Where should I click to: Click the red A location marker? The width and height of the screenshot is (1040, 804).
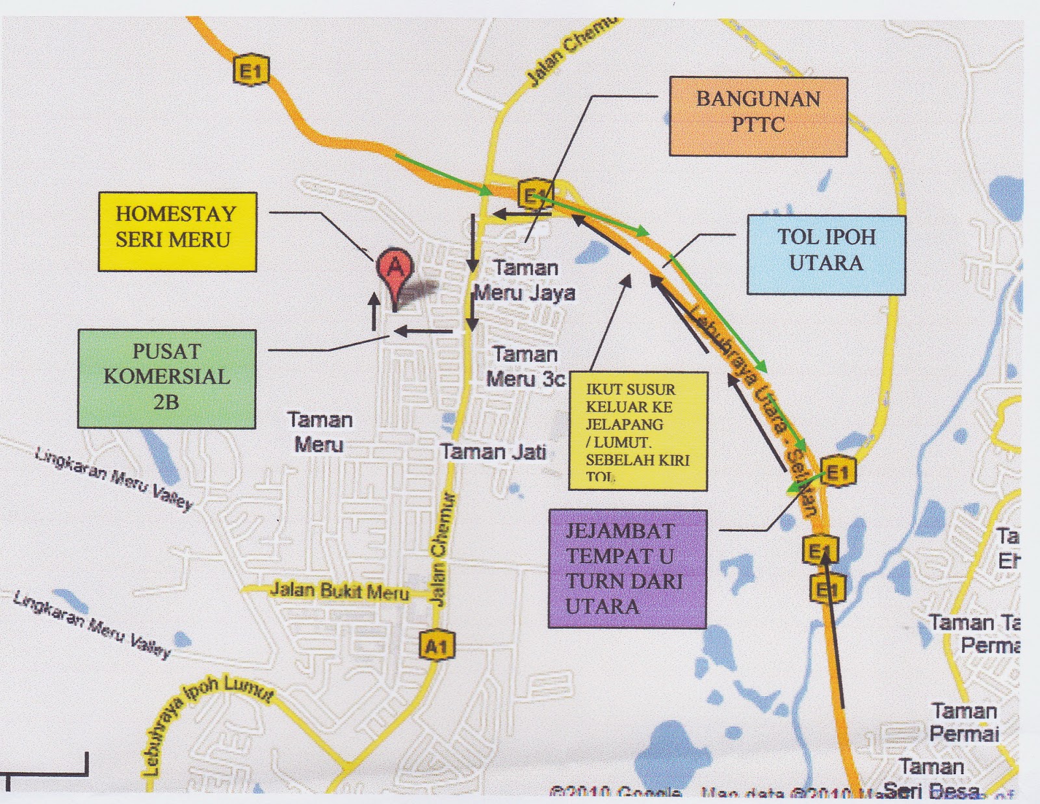[x=395, y=268]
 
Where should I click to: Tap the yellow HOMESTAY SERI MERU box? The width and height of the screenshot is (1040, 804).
[x=177, y=232]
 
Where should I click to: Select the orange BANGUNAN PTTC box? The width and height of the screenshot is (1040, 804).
[x=759, y=116]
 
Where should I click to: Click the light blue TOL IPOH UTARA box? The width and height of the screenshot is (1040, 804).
[x=826, y=255]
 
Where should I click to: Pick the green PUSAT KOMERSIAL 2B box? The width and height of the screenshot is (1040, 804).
[x=166, y=379]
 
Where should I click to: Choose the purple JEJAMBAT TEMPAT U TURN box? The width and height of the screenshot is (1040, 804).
[x=627, y=569]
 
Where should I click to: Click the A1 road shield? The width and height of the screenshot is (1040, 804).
[x=436, y=646]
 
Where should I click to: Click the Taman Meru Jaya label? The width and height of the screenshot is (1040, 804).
[x=525, y=281]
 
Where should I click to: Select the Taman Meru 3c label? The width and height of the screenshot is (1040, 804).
[x=525, y=367]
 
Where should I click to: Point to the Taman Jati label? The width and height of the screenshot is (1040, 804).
[x=493, y=451]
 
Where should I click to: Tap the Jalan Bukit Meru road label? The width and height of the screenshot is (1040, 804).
[x=339, y=591]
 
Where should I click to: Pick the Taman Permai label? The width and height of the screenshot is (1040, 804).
[x=964, y=722]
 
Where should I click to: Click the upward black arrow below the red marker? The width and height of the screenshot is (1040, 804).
[x=374, y=312]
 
